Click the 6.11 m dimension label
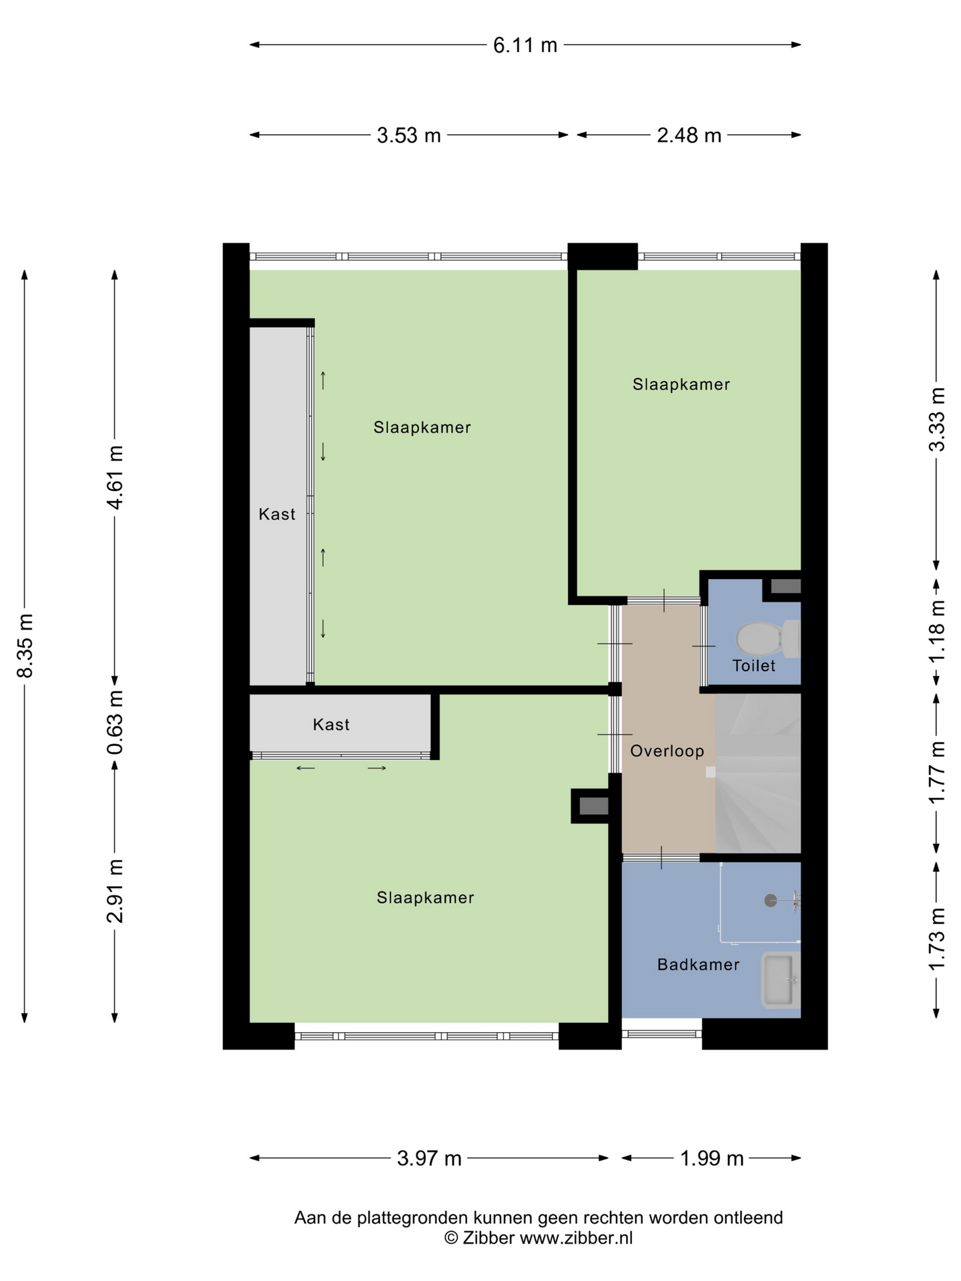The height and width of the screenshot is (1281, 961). click(525, 45)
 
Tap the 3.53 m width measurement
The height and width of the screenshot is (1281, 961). click(408, 135)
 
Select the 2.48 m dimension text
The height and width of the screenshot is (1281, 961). click(689, 135)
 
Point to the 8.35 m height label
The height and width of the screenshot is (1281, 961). click(25, 645)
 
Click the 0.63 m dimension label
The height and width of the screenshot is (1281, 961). click(115, 723)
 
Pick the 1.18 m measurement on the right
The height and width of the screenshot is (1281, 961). click(938, 630)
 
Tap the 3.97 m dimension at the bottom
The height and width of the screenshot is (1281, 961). click(429, 1158)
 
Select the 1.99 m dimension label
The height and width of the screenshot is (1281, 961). click(711, 1158)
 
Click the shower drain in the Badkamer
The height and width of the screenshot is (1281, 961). click(771, 901)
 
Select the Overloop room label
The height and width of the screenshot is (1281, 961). click(667, 751)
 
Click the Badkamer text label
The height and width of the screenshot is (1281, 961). click(698, 964)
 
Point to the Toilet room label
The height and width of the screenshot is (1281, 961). click(754, 665)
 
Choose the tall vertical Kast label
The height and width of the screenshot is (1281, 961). click(277, 514)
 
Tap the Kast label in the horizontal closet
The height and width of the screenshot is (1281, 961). click(331, 724)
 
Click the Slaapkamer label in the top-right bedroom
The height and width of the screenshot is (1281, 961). click(681, 384)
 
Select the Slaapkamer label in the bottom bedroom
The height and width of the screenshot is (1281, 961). click(425, 897)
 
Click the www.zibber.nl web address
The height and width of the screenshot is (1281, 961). click(576, 1238)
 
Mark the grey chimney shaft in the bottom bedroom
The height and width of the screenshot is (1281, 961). click(593, 806)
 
